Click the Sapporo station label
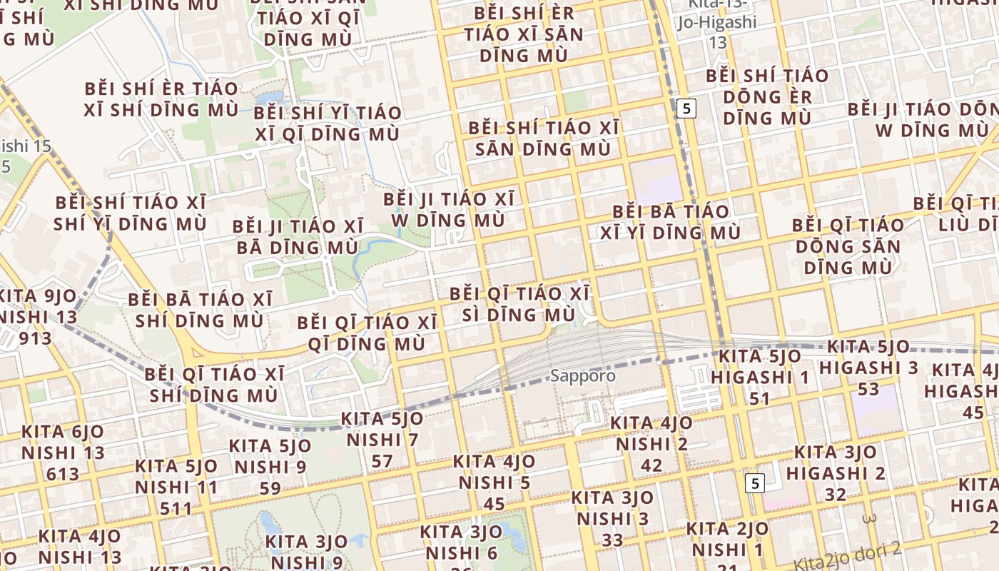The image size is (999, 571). [x=582, y=375]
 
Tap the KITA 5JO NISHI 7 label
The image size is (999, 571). [x=382, y=440]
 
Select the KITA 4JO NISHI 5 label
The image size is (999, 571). [x=495, y=482]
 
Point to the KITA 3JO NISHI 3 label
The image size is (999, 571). [x=612, y=518]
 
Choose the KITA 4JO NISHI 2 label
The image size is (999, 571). [x=651, y=444]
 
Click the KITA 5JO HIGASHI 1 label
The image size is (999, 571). [x=760, y=377]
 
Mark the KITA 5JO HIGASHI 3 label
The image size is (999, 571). [x=868, y=368]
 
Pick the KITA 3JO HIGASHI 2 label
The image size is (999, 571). [x=836, y=473]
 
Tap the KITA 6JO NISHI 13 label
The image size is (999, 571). [x=63, y=453]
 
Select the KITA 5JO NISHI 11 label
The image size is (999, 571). [x=176, y=487]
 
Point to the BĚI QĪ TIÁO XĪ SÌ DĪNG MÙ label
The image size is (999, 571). [x=519, y=304]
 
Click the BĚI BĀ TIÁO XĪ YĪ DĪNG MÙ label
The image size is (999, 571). [x=671, y=222]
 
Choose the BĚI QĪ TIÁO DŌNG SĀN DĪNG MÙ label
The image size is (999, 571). [x=848, y=246]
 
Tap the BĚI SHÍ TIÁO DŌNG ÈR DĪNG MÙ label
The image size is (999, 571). [x=767, y=96]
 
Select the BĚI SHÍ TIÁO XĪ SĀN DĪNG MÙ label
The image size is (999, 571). [x=543, y=138]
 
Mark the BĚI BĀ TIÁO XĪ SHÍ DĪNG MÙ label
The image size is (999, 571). [x=200, y=310]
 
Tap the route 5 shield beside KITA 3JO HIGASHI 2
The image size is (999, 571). [x=754, y=483]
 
